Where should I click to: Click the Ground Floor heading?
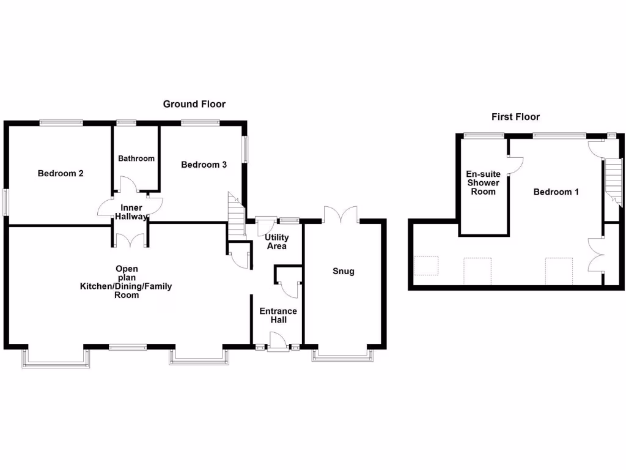[x=194, y=104]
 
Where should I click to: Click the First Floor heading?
[x=515, y=117]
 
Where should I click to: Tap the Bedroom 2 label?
[x=61, y=173]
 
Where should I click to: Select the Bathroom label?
[x=136, y=159]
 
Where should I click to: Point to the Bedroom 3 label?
[x=204, y=165]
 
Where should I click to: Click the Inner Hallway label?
[x=131, y=212]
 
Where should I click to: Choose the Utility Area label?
[x=277, y=242]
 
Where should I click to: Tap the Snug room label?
[x=344, y=271]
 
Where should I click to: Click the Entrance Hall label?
[x=278, y=315]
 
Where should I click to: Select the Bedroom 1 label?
[x=556, y=192]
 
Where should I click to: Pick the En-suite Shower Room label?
[x=483, y=182]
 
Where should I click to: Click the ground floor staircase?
[x=237, y=215]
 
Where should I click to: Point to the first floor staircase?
[x=614, y=182]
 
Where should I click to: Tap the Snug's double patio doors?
[x=341, y=215]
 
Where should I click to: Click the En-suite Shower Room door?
[x=515, y=165]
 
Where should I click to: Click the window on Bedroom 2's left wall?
[x=6, y=202]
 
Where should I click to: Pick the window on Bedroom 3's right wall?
[x=246, y=149]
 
